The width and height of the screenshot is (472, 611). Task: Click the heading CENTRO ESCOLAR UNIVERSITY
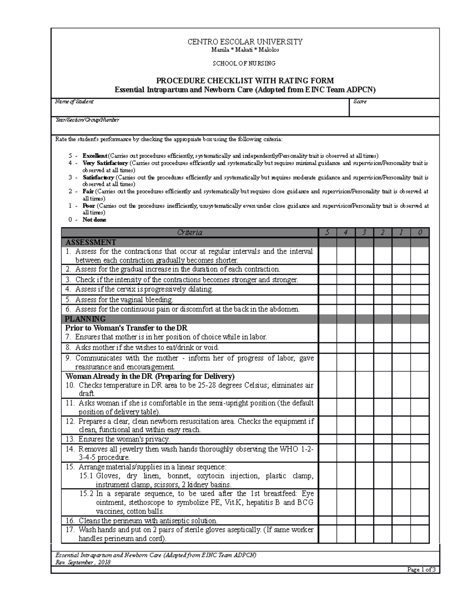click(x=245, y=42)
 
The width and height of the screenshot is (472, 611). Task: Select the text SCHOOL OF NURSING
click(x=244, y=63)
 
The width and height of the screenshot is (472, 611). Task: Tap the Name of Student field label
click(x=74, y=102)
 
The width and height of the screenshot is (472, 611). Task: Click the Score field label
click(x=360, y=102)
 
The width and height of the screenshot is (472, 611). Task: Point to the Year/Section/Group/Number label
click(x=87, y=120)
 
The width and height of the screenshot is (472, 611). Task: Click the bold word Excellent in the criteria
click(x=95, y=156)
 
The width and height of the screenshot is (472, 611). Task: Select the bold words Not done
click(x=94, y=220)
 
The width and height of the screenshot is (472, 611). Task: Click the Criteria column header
click(x=190, y=233)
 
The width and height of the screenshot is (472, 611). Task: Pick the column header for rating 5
click(x=327, y=233)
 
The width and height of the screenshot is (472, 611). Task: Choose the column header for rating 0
click(x=420, y=233)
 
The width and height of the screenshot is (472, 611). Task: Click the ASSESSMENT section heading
click(x=91, y=242)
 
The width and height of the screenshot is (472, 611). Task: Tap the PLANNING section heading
click(x=85, y=319)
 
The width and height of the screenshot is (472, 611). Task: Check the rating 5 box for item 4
click(x=327, y=290)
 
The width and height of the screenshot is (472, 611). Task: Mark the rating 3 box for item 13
click(x=364, y=439)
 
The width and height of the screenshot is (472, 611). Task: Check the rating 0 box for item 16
click(x=420, y=521)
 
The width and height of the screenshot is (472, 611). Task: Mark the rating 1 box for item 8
click(x=401, y=348)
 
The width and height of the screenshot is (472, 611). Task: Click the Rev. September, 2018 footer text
click(x=83, y=562)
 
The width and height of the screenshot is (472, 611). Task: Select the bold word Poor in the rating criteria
click(x=88, y=206)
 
